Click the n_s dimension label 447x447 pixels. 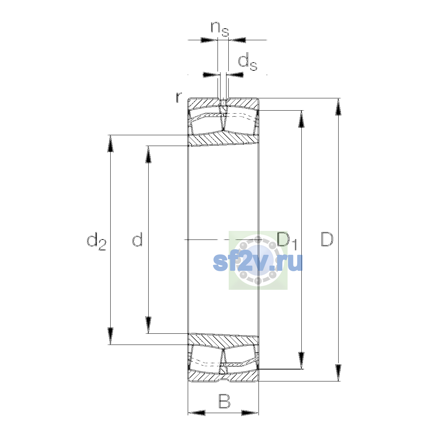(x=220, y=29)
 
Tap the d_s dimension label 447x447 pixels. (x=248, y=61)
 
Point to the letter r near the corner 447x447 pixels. (x=179, y=97)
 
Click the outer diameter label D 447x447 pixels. (x=327, y=239)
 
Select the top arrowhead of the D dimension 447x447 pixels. (x=338, y=107)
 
